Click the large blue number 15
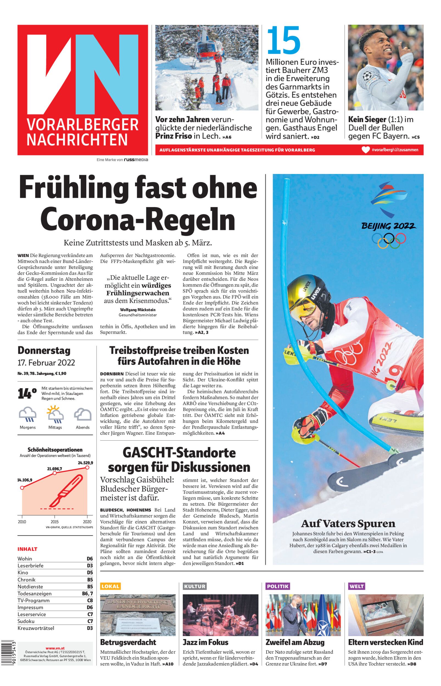coord(283,40)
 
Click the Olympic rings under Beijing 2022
coord(389,241)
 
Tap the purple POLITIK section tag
coord(278,586)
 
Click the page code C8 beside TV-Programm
coord(90,600)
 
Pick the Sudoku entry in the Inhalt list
coord(26,621)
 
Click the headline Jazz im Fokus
coord(205,642)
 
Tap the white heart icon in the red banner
coord(365,150)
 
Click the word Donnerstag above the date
coord(44,350)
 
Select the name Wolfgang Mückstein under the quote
coord(138,310)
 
